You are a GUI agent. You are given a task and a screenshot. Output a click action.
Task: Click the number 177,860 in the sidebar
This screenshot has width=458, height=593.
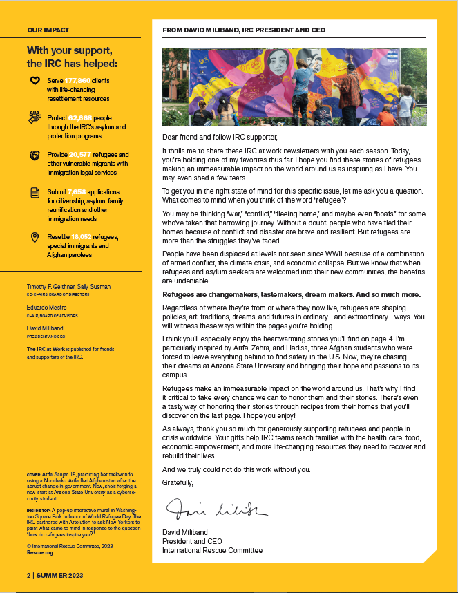pos(78,81)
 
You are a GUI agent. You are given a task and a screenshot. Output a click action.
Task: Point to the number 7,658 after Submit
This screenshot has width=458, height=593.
pos(79,191)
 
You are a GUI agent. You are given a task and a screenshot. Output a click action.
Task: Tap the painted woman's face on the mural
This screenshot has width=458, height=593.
pos(257,70)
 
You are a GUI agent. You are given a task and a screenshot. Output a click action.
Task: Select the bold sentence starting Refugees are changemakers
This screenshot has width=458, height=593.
pos(291,294)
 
